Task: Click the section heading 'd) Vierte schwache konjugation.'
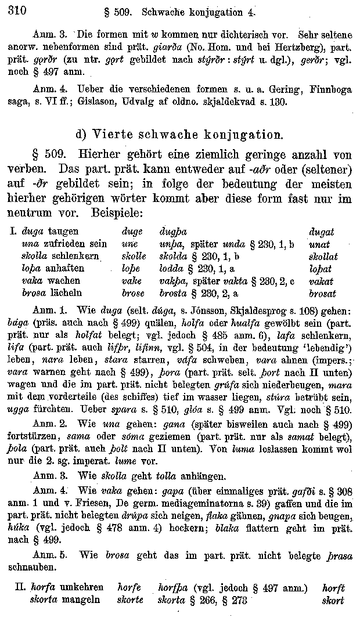tap(180, 135)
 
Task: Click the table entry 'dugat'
tap(321, 232)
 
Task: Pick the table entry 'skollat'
tap(323, 257)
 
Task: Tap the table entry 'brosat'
tap(322, 294)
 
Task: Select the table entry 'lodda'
tap(171, 269)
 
